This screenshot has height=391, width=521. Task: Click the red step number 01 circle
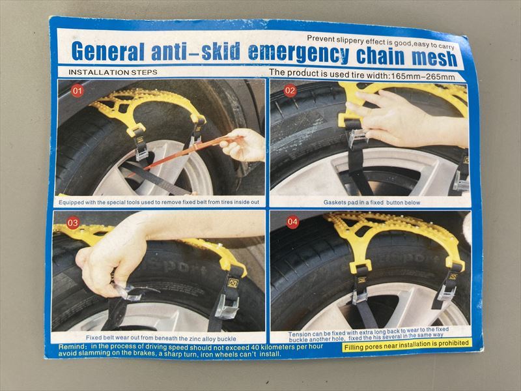[77, 91]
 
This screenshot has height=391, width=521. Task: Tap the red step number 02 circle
[290, 91]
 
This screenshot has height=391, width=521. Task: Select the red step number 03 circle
[73, 222]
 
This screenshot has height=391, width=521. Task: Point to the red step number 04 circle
[292, 222]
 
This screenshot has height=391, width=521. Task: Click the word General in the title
[108, 51]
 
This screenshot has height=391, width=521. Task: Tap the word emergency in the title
[298, 53]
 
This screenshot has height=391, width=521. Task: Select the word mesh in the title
[434, 58]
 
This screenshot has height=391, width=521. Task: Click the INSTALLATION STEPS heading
[113, 72]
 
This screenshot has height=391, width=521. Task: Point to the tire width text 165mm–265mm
[423, 76]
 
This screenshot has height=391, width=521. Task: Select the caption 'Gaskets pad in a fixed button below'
[372, 202]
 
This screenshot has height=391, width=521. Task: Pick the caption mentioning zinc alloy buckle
[161, 338]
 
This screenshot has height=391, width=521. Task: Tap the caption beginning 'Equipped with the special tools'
[159, 202]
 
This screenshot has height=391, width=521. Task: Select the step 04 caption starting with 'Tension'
[369, 334]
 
